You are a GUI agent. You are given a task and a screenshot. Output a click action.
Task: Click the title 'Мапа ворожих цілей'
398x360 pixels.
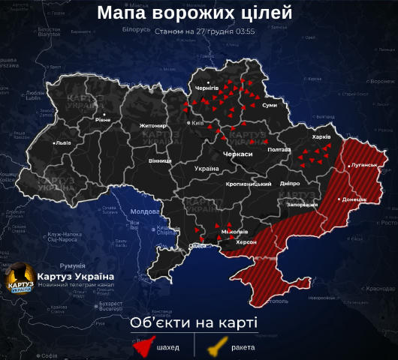(x=195, y=13)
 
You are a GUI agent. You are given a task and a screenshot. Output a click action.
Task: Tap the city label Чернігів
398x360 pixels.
(x=207, y=88)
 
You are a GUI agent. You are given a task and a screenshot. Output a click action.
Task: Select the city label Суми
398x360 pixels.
(x=270, y=106)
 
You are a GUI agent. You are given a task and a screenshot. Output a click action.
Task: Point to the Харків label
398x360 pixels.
(x=321, y=138)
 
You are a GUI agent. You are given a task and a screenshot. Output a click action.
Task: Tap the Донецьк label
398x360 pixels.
(x=354, y=199)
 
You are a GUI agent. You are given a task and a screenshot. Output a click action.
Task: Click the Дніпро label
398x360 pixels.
(x=289, y=183)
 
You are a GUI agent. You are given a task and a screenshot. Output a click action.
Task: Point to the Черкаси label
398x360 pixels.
(x=237, y=153)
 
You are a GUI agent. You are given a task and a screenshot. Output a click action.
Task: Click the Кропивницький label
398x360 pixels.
(x=248, y=184)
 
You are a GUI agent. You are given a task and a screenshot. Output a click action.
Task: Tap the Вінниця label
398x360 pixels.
(x=159, y=160)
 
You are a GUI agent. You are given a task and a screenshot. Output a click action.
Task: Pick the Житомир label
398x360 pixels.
(x=152, y=125)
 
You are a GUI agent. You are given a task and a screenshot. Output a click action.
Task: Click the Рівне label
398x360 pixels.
(x=103, y=119)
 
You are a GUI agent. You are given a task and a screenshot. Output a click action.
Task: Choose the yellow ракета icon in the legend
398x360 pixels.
(x=219, y=347)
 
